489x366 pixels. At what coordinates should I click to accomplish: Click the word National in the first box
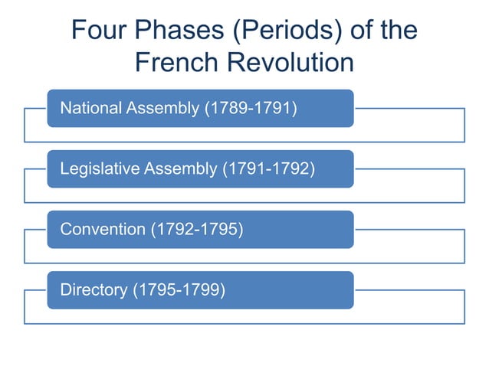[x=90, y=108]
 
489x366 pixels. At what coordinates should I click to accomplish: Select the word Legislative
[x=99, y=168]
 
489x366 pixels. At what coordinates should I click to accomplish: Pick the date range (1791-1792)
[x=268, y=168]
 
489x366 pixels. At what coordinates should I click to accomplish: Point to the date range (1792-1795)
[x=197, y=229]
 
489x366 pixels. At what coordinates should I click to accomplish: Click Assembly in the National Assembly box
[x=162, y=108]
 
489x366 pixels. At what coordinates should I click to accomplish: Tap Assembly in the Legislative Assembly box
[x=180, y=168]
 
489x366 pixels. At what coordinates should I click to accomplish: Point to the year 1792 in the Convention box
[x=176, y=229]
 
